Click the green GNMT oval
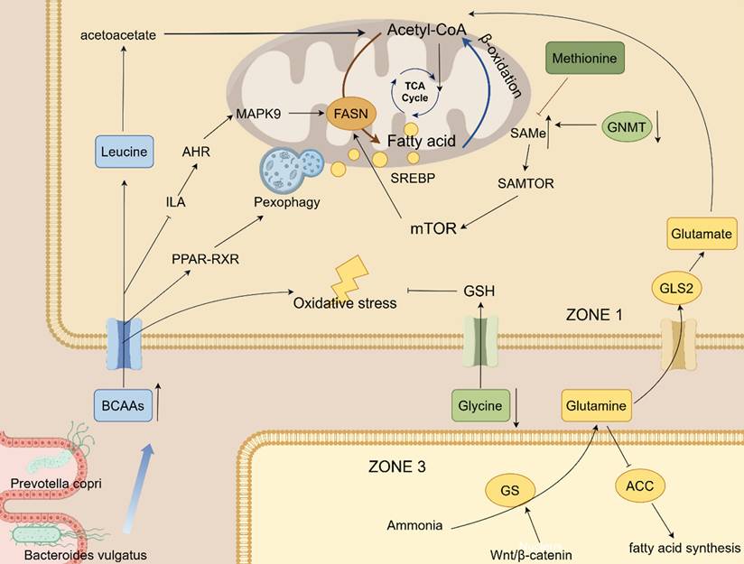[x=626, y=129]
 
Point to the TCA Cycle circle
[x=414, y=88]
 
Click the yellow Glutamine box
[x=595, y=407]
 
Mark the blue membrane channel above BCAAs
[x=124, y=341]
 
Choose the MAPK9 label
[x=258, y=115]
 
